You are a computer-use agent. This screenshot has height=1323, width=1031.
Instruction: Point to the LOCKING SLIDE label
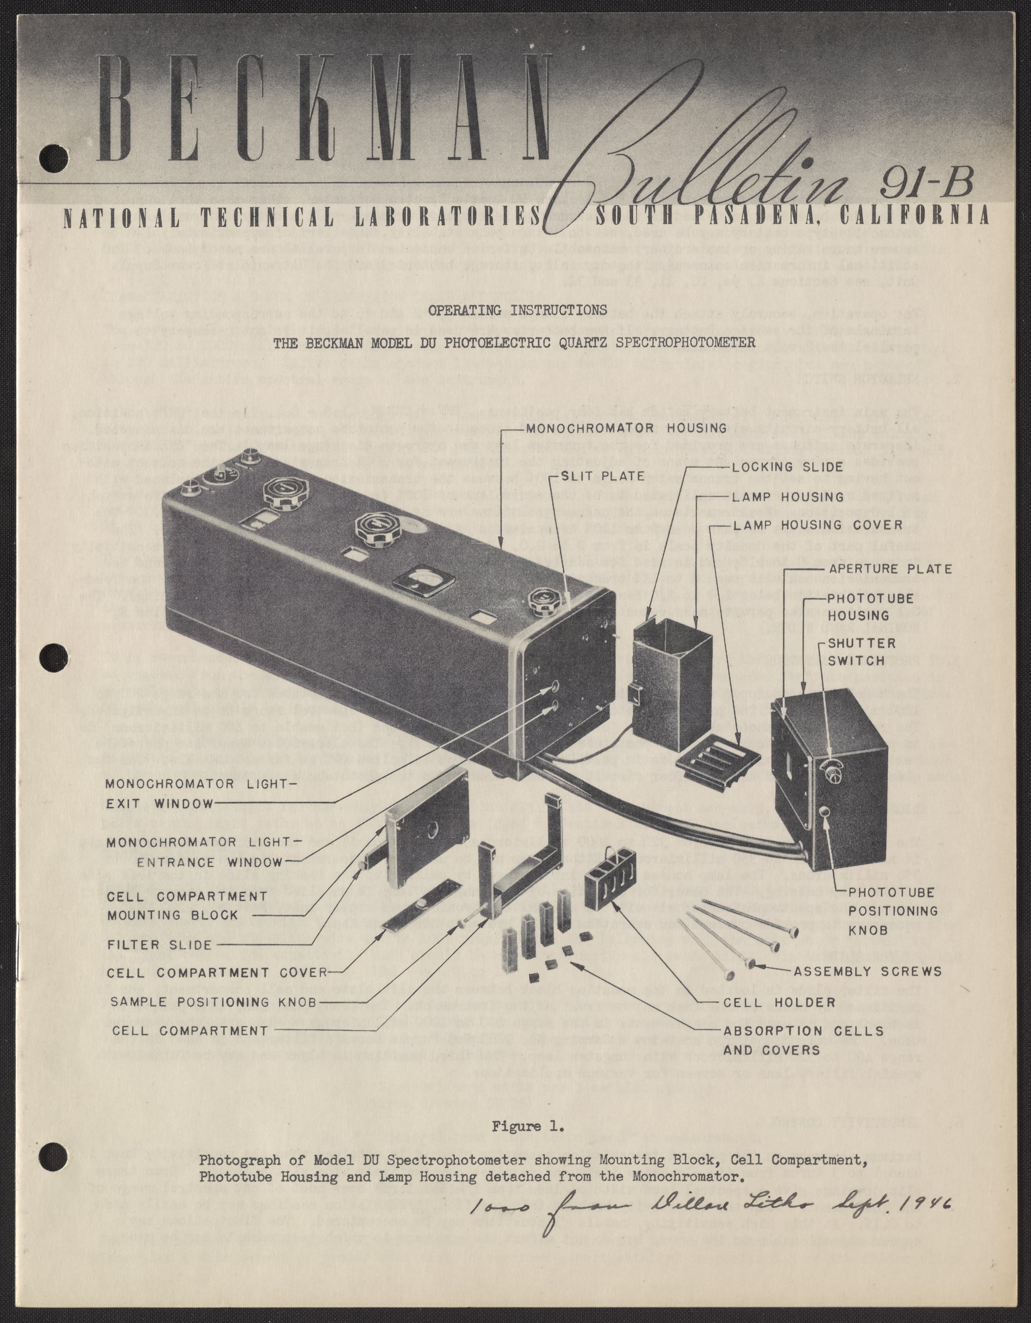click(x=787, y=467)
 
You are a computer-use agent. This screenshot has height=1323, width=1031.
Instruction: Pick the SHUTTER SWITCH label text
click(x=861, y=652)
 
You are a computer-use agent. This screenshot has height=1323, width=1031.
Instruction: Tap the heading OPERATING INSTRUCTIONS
click(x=517, y=310)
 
